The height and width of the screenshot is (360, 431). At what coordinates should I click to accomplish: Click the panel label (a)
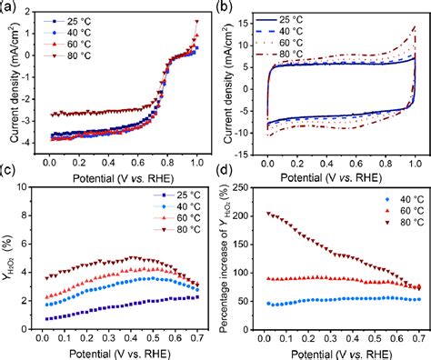tap(9, 7)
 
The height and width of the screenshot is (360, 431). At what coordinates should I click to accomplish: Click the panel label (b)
tap(226, 7)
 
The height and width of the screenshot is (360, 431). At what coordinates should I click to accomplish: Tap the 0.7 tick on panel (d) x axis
tap(417, 336)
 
